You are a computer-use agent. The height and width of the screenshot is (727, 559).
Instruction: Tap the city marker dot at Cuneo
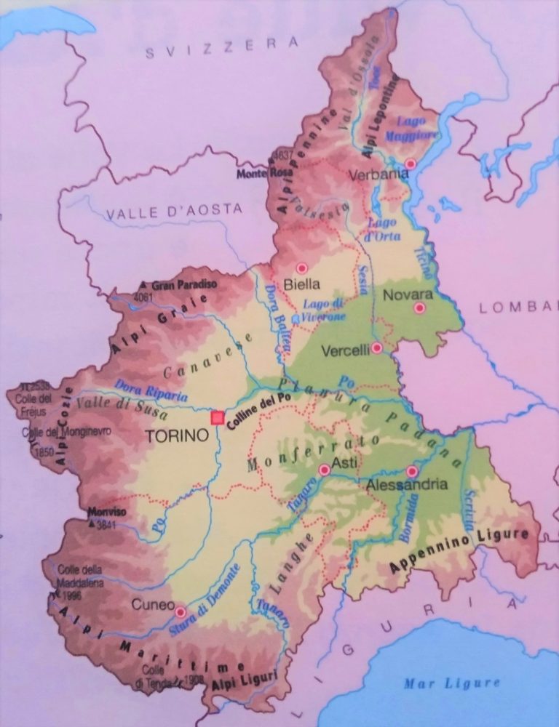180,612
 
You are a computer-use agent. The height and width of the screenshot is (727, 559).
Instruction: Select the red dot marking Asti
325,470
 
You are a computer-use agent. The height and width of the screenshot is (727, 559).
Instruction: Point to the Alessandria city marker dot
412,470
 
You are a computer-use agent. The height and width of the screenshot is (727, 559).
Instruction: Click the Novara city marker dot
419,308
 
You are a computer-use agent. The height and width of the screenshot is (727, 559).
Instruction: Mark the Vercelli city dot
376,348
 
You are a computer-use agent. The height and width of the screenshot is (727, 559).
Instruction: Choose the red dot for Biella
301,268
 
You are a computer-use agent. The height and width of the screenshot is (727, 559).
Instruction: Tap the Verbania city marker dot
411,164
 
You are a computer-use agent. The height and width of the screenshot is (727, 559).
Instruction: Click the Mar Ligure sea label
452,683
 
